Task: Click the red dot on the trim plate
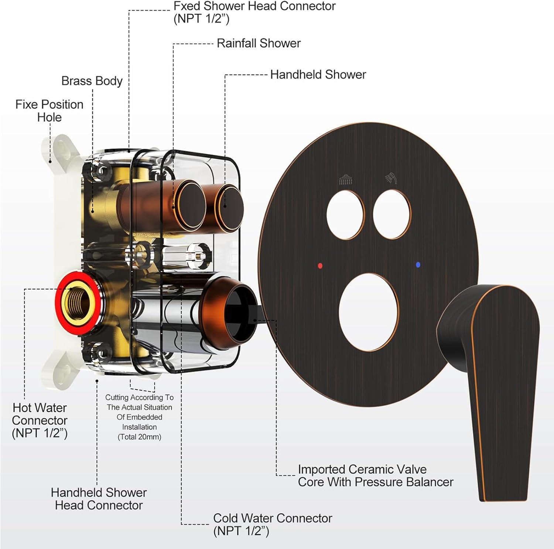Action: point(320,265)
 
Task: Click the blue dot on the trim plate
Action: point(418,265)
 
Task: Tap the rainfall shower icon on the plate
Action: point(346,180)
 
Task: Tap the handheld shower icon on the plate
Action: point(391,178)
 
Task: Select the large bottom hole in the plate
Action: point(369,313)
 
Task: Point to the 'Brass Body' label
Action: point(92,81)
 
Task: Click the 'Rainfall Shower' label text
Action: point(259,43)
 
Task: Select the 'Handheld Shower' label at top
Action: point(318,75)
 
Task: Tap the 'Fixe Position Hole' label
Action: point(49,111)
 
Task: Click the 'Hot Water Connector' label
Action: point(40,420)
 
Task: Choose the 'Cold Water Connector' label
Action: point(273,525)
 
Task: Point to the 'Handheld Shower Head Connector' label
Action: point(99,499)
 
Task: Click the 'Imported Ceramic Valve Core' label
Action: point(375,475)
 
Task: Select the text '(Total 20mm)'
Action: point(139,437)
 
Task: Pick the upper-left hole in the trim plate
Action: point(346,215)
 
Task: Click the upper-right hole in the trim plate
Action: point(392,215)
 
